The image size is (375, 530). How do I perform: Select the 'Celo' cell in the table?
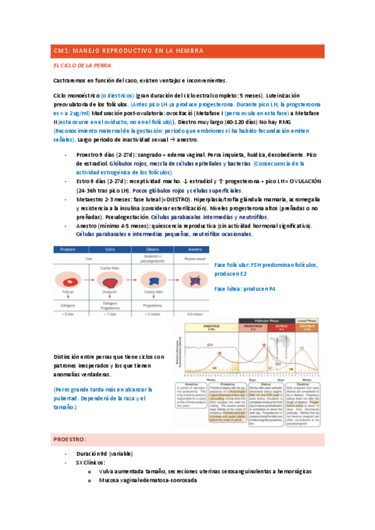(90, 257)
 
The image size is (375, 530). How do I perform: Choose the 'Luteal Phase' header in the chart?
(307, 320)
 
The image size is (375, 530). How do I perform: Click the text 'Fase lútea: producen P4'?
(245, 289)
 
